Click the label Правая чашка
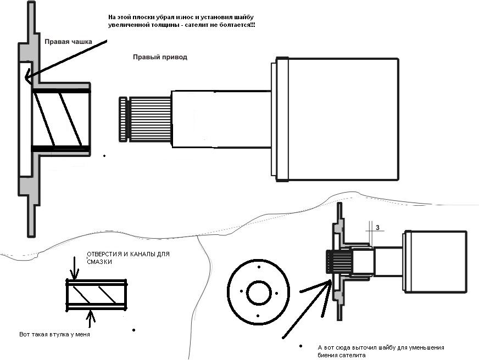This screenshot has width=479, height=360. pyautogui.click(x=68, y=41)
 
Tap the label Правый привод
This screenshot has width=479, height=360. pyautogui.click(x=160, y=57)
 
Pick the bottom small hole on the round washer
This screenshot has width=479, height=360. pyautogui.click(x=258, y=315)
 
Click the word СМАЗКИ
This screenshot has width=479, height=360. pyautogui.click(x=99, y=262)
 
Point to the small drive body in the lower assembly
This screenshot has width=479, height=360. pyautogui.click(x=435, y=261)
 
